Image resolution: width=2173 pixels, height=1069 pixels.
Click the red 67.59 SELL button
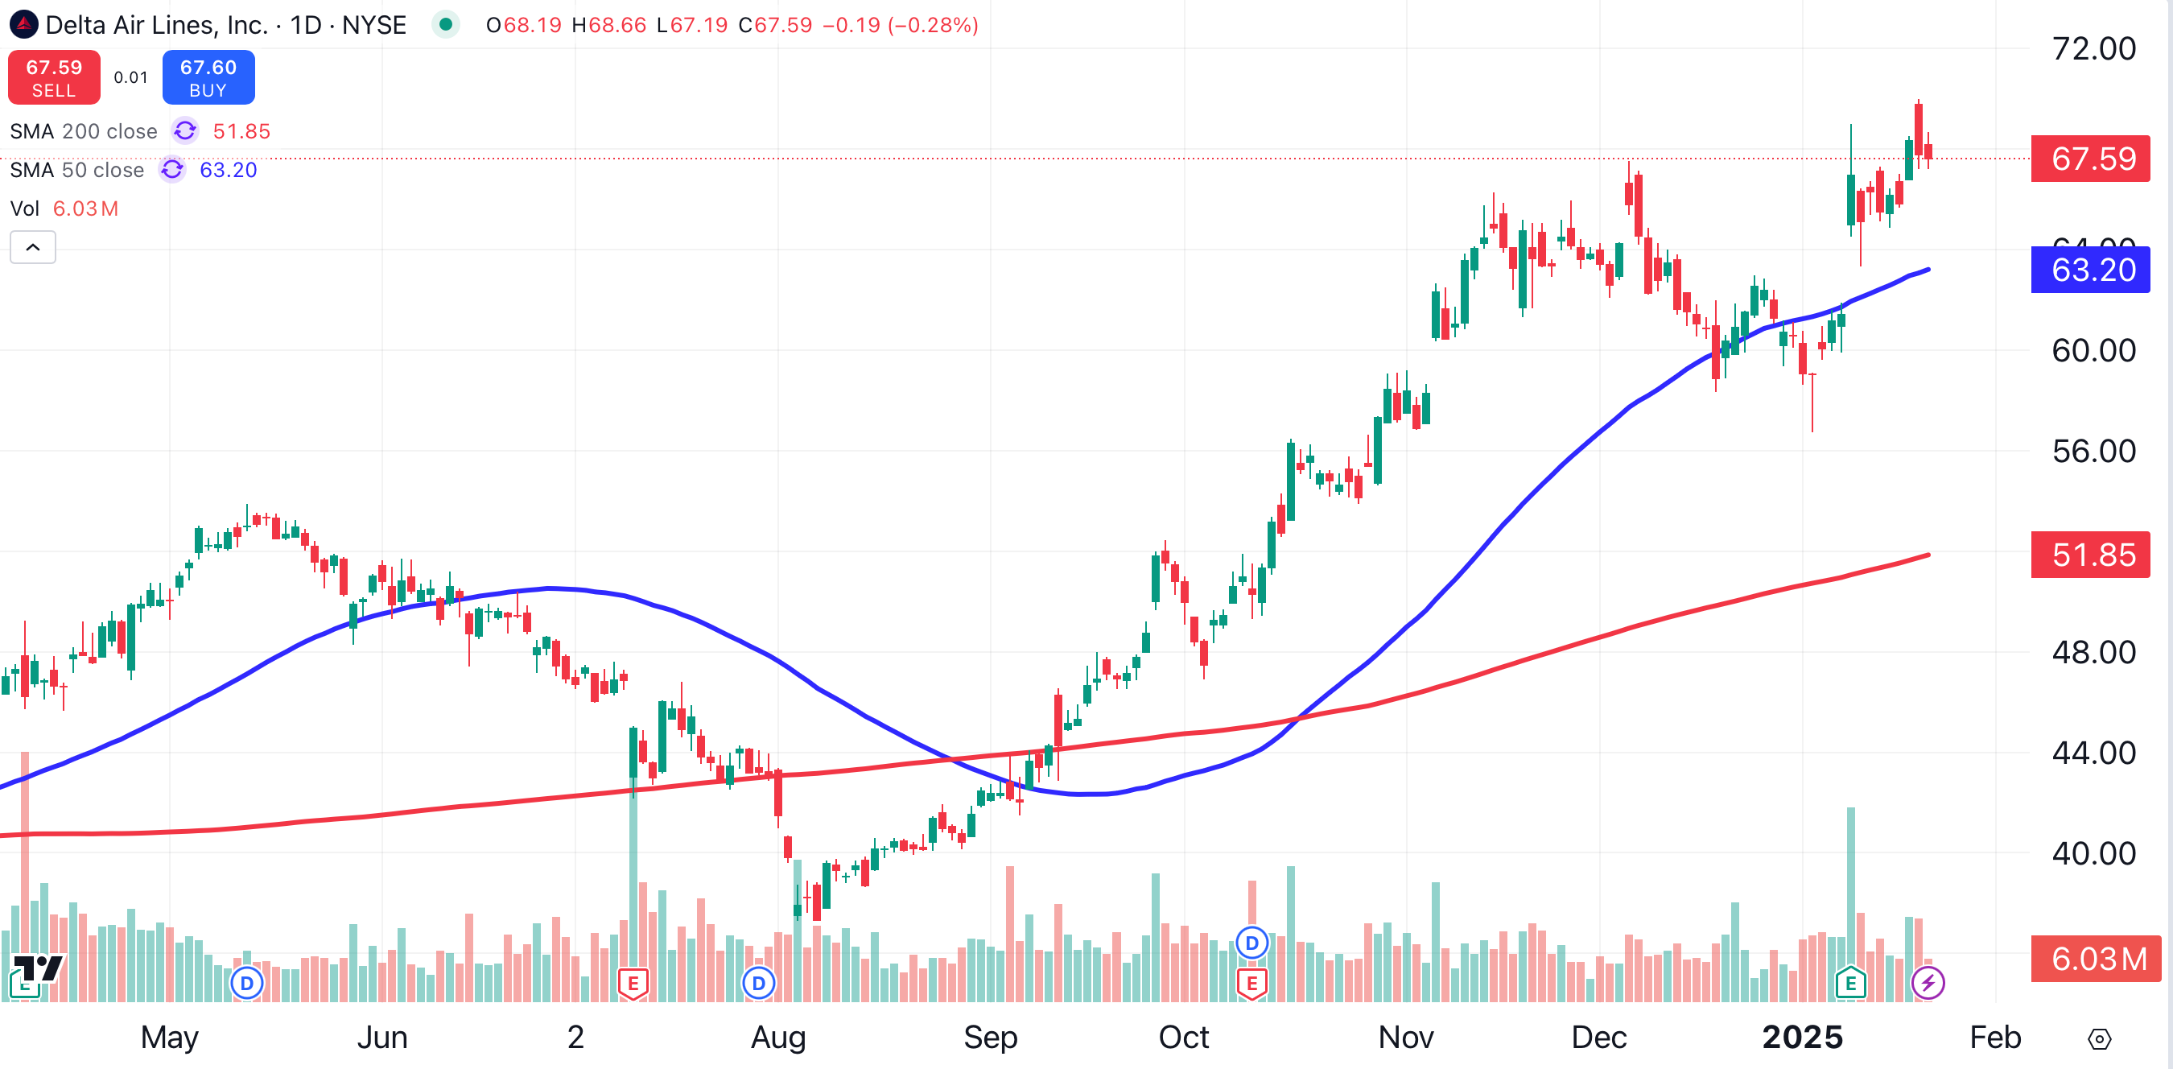pyautogui.click(x=54, y=77)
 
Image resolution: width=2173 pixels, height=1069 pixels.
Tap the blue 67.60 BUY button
pyautogui.click(x=208, y=77)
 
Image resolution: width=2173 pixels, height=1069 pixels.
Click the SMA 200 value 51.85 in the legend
pyautogui.click(x=241, y=132)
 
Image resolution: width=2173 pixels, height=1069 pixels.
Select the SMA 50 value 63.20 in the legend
pyautogui.click(x=228, y=171)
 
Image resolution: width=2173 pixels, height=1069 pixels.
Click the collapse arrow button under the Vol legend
pyautogui.click(x=33, y=247)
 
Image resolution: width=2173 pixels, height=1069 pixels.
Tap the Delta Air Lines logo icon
pyautogui.click(x=23, y=24)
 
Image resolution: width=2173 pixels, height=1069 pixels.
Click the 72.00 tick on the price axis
pyautogui.click(x=2093, y=49)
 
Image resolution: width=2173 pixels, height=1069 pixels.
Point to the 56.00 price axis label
pyautogui.click(x=2093, y=452)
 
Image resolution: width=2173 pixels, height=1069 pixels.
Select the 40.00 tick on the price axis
pyautogui.click(x=2093, y=854)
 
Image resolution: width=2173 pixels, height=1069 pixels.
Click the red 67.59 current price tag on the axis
pyautogui.click(x=2091, y=159)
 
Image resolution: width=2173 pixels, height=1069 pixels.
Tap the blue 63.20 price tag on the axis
pyautogui.click(x=2091, y=270)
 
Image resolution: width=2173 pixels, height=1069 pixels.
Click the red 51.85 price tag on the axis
pyautogui.click(x=2091, y=555)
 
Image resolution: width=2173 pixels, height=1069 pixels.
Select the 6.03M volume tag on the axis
pyautogui.click(x=2091, y=960)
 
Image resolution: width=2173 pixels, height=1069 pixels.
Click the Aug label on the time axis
pyautogui.click(x=777, y=1037)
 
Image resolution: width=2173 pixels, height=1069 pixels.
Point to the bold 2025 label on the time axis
pyautogui.click(x=1802, y=1037)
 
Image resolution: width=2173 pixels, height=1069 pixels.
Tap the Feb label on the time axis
pyautogui.click(x=1994, y=1037)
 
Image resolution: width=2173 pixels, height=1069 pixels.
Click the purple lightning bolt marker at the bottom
pyautogui.click(x=1928, y=983)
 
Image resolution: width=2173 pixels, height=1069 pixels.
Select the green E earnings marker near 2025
pyautogui.click(x=1850, y=983)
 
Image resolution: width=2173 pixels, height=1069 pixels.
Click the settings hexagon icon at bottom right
pyautogui.click(x=2099, y=1038)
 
